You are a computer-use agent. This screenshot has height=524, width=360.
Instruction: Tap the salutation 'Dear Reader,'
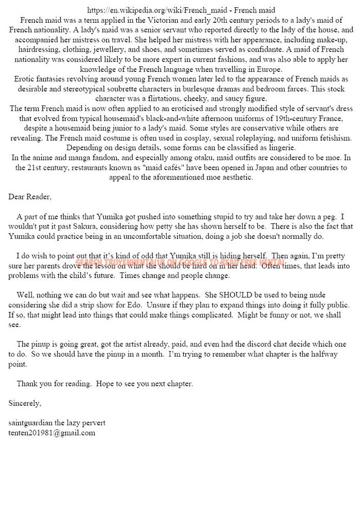[30, 197]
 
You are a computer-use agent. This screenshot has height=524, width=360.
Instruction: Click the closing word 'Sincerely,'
[25, 403]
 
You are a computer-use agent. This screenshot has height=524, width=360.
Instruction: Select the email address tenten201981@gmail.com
[52, 433]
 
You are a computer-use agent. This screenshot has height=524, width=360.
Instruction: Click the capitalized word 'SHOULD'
[234, 295]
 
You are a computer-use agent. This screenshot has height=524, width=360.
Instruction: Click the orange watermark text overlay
[179, 261]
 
